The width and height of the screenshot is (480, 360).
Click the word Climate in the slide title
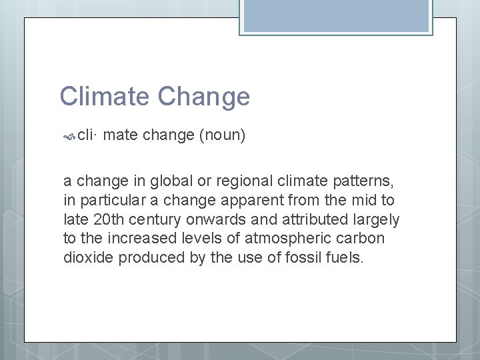click(x=105, y=97)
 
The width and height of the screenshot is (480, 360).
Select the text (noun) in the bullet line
click(x=223, y=136)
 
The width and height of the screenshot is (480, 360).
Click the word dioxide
click(x=87, y=258)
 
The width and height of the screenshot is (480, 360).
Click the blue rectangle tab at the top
click(x=337, y=15)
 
